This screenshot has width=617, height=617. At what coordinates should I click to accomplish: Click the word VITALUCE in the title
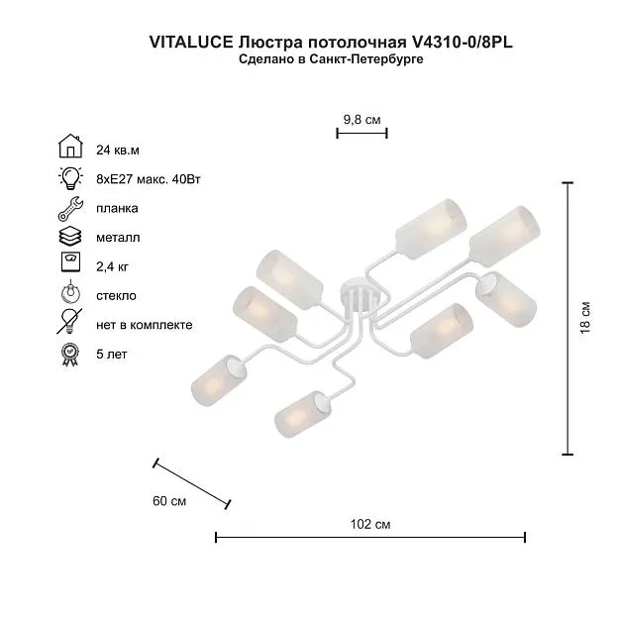[191, 43]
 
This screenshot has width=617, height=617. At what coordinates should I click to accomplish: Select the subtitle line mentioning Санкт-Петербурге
[331, 59]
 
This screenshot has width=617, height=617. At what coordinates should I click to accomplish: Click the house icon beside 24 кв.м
[70, 146]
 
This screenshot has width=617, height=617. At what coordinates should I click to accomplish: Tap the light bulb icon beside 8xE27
[70, 178]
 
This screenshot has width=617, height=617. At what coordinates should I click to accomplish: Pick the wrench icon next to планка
[70, 209]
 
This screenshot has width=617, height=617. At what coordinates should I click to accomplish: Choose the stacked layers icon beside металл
[70, 237]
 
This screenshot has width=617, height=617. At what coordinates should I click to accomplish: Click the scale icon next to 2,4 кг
[71, 262]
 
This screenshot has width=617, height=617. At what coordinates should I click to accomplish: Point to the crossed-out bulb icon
[69, 321]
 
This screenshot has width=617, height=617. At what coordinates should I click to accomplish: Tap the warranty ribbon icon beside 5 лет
[70, 355]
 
